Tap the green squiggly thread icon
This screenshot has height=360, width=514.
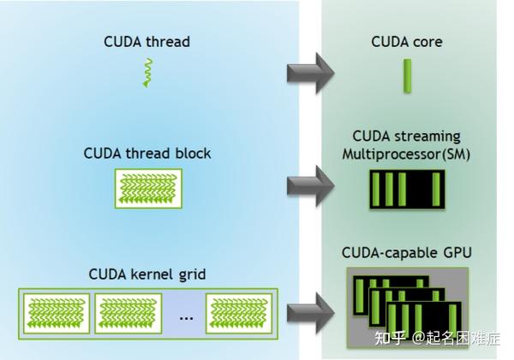tap(147, 74)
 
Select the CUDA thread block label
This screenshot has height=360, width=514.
tap(147, 153)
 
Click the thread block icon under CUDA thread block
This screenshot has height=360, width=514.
tap(147, 188)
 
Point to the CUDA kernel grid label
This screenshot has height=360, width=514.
tap(147, 274)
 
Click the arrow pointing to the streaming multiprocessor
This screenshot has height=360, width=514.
tap(311, 180)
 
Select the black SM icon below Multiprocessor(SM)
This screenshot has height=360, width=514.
tap(407, 189)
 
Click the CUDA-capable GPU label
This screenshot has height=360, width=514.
tap(407, 253)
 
